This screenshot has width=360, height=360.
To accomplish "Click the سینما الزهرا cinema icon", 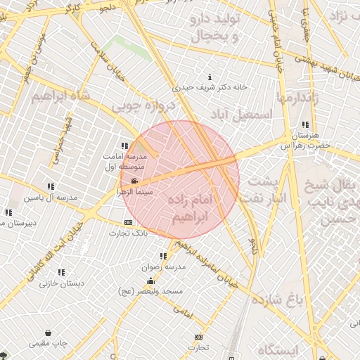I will [134, 181].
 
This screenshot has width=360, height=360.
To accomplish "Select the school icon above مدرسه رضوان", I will [163, 257].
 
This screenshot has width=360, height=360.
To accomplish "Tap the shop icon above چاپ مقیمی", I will [48, 333].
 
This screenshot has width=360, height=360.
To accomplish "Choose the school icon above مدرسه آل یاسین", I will [51, 186].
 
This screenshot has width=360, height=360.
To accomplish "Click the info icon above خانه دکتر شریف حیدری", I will [210, 77].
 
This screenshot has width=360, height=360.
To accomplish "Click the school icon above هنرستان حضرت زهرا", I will [305, 124].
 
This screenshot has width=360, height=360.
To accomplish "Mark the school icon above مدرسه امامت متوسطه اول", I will [124, 146].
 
